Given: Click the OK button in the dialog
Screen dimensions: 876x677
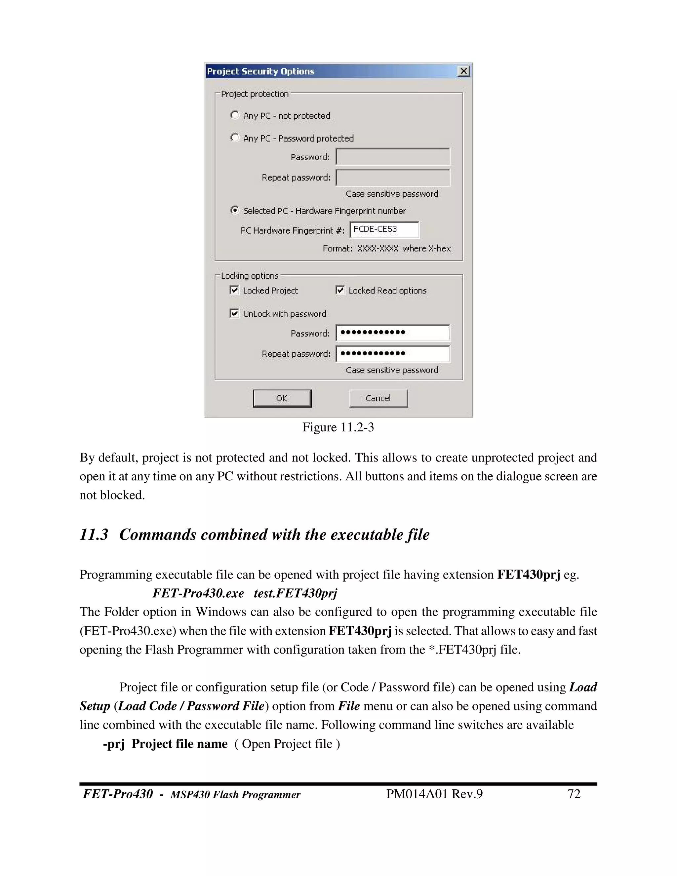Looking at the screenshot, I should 282,398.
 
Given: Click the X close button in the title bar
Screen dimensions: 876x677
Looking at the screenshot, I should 464,71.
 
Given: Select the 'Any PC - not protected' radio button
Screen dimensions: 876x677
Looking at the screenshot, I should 235,115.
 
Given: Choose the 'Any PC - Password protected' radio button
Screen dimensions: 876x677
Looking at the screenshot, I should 235,138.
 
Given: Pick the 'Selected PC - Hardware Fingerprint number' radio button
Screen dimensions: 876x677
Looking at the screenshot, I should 235,211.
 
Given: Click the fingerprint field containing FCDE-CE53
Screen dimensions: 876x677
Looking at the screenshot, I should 384,229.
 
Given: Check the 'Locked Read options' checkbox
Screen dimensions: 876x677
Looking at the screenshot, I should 340,290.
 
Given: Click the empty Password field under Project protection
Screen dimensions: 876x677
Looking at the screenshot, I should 393,157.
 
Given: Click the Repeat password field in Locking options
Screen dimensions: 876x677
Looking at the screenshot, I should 393,353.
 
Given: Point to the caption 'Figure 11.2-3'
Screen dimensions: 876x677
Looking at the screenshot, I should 338,427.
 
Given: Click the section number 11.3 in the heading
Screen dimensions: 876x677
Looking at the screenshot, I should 94,535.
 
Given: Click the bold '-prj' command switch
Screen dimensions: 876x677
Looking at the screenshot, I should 114,744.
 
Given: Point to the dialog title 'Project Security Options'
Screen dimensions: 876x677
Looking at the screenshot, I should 261,71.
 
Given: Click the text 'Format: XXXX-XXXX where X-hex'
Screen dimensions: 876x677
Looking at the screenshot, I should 387,248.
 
